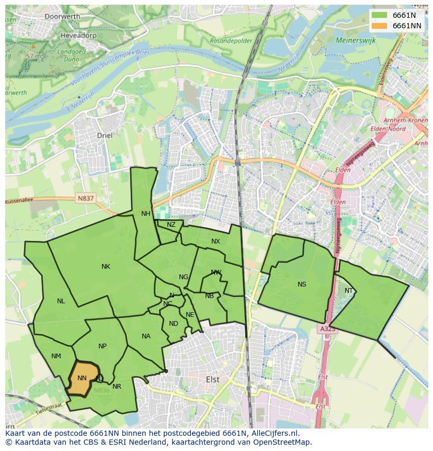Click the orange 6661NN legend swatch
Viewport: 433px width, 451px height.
point(380,26)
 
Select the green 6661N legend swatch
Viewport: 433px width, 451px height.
point(380,15)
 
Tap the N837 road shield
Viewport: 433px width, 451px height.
point(85,198)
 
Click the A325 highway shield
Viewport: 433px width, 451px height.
point(327,329)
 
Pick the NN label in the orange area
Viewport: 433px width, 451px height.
point(82,378)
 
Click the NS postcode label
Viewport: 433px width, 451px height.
point(302,284)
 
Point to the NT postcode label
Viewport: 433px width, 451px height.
point(349,291)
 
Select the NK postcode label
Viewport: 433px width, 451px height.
point(106,267)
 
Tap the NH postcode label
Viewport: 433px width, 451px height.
point(145,214)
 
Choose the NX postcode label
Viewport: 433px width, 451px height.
point(215,241)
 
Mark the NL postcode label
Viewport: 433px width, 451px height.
point(61,301)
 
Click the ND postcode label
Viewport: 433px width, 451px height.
point(173,324)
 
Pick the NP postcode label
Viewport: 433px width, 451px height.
point(102,346)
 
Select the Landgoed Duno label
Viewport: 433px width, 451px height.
point(72,55)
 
